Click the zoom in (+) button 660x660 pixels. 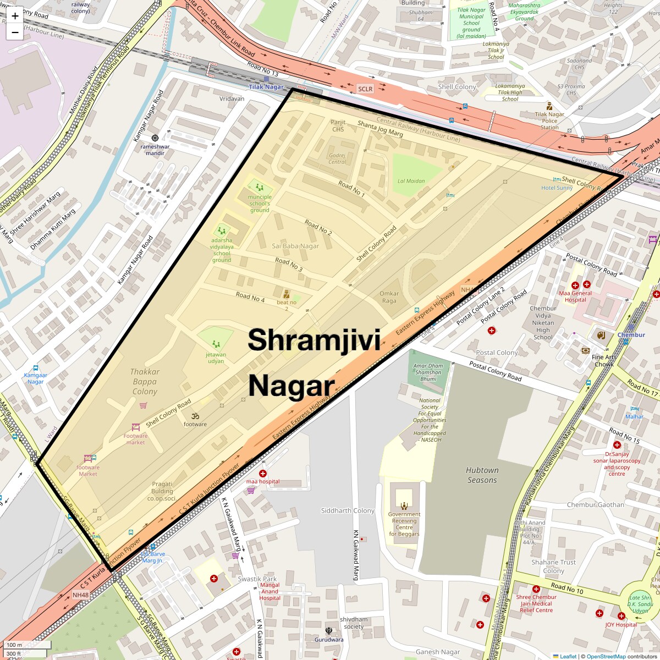pyautogui.click(x=15, y=16)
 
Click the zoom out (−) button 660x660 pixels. pyautogui.click(x=15, y=32)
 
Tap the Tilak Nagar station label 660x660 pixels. pyautogui.click(x=266, y=87)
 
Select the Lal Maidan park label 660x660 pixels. pyautogui.click(x=411, y=181)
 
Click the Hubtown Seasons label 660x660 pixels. pyautogui.click(x=482, y=475)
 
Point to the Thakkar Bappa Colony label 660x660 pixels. pyautogui.click(x=145, y=382)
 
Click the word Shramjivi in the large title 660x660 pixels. pyautogui.click(x=313, y=340)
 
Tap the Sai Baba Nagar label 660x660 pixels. pyautogui.click(x=295, y=246)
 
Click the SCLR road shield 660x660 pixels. pyautogui.click(x=365, y=89)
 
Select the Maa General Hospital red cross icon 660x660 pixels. pyautogui.click(x=575, y=285)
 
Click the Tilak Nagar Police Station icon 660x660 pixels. pyautogui.click(x=549, y=107)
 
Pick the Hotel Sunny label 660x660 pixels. pyautogui.click(x=557, y=188)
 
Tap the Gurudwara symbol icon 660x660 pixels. pyautogui.click(x=329, y=630)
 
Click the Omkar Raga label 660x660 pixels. pyautogui.click(x=389, y=297)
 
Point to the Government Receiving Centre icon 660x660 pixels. pyautogui.click(x=404, y=505)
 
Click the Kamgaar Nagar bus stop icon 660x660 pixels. pyautogui.click(x=36, y=368)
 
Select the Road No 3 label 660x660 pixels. pyautogui.click(x=289, y=265)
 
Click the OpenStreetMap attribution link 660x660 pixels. pyautogui.click(x=606, y=656)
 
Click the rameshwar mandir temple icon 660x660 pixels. pyautogui.click(x=155, y=137)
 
